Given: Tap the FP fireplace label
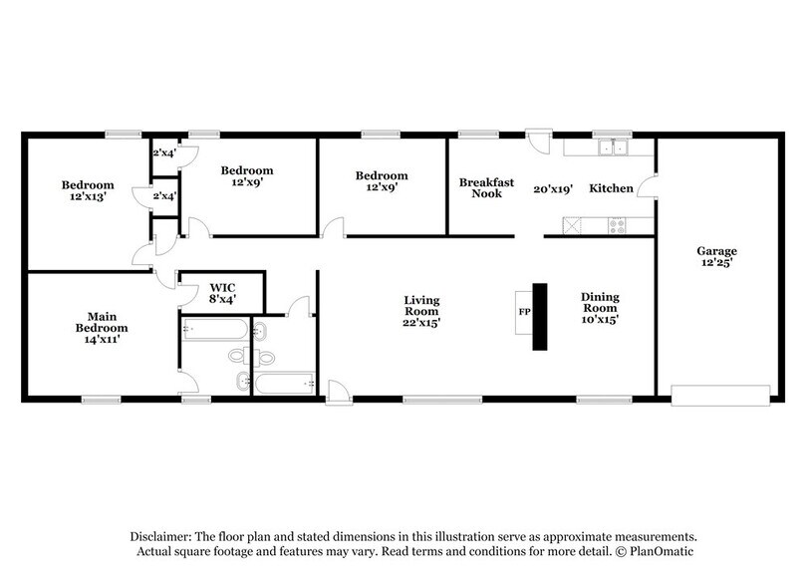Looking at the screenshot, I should [524, 312].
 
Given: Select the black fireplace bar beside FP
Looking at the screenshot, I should [540, 317].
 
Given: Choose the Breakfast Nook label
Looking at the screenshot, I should [486, 187].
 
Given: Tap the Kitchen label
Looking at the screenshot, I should [611, 188].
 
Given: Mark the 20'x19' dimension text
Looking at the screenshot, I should [553, 188].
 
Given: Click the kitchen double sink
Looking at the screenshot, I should [612, 149].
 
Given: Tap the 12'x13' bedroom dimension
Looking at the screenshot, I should [89, 196].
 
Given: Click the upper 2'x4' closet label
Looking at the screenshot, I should [163, 153].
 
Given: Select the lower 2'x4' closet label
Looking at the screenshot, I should [163, 196].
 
